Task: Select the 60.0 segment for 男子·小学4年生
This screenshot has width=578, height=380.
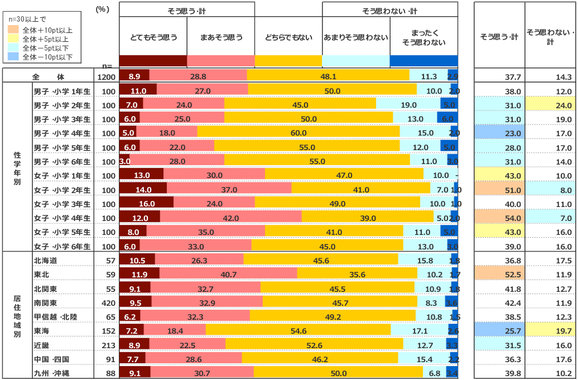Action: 298,133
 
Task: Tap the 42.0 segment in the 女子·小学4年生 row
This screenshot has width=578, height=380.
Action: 230,218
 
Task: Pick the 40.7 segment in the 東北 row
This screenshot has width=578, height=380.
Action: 228,274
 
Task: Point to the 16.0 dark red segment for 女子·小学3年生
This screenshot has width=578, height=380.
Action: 146,204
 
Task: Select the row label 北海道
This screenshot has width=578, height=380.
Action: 46,260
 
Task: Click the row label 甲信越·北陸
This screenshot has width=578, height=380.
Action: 56,316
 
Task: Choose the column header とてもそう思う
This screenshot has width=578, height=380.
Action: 153,37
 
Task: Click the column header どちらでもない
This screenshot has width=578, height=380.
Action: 288,37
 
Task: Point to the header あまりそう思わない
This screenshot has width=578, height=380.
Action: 356,37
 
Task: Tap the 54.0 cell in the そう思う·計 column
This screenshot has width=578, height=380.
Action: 499,218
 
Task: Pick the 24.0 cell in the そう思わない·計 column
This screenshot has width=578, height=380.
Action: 551,105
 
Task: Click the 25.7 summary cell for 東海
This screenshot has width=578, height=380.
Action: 499,330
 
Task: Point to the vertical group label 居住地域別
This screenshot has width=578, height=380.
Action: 17,316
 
